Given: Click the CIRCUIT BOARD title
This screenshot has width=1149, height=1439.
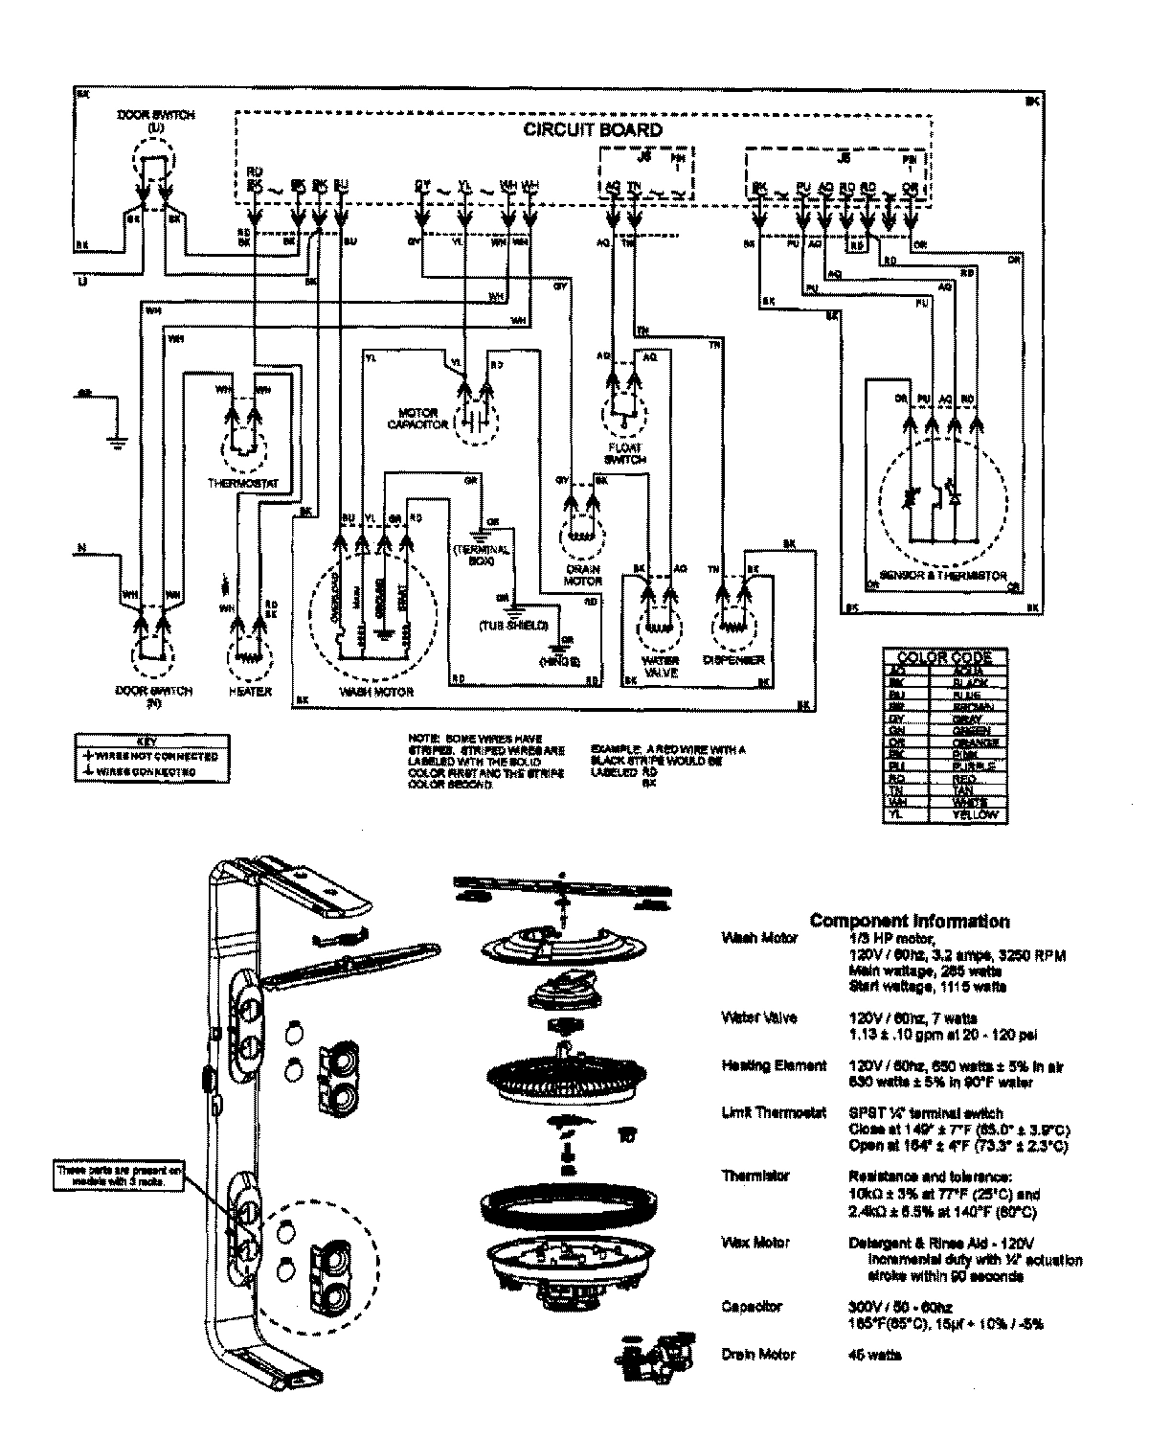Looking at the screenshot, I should (x=592, y=129).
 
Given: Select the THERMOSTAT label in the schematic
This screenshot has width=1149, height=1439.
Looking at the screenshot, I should (x=243, y=484).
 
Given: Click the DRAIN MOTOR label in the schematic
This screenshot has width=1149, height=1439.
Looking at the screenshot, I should (x=583, y=575).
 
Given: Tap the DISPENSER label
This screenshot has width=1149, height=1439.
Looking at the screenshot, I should (x=733, y=660).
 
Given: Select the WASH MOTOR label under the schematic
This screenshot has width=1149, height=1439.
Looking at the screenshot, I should (x=377, y=691).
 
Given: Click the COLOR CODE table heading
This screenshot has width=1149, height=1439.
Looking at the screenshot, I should (x=944, y=657).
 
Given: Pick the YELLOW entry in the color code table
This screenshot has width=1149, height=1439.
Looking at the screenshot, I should (x=975, y=814).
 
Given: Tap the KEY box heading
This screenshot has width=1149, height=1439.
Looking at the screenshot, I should (x=149, y=741).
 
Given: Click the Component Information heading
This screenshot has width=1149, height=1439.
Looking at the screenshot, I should (x=909, y=921).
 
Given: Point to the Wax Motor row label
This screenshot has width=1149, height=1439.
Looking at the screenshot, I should (x=755, y=1243).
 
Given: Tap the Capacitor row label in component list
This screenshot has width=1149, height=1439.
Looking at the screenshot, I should (x=752, y=1307).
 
